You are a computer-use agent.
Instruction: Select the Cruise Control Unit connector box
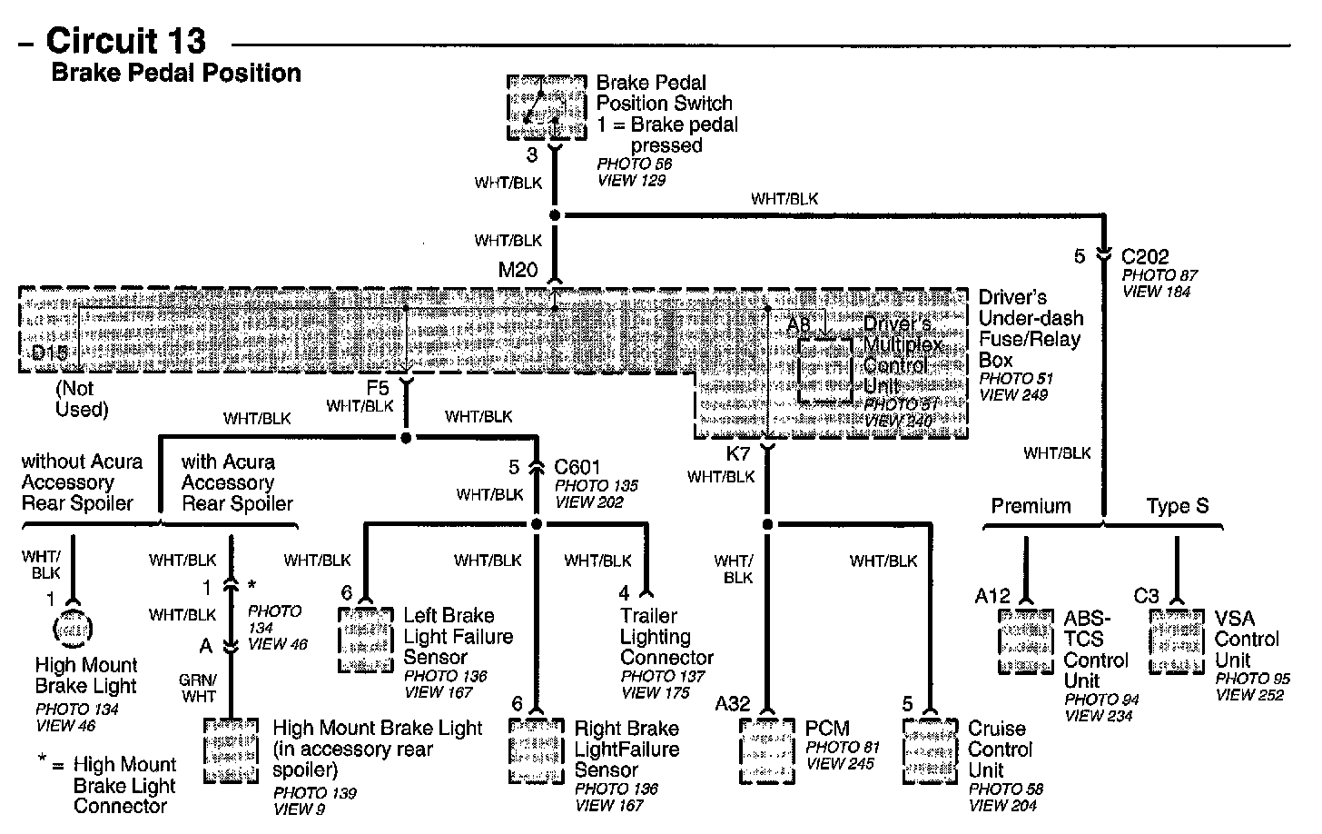(931, 751)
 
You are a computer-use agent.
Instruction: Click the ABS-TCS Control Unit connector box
(1026, 640)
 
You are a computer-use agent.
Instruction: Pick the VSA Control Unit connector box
(1177, 640)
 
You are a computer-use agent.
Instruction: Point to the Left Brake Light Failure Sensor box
(365, 639)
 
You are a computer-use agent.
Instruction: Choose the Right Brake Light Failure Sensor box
(536, 751)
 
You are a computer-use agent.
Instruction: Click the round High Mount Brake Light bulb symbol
(73, 628)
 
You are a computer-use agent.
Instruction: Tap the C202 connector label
(1145, 257)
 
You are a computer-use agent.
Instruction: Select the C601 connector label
(577, 468)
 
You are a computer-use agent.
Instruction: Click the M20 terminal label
(518, 270)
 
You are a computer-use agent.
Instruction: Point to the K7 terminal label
(738, 452)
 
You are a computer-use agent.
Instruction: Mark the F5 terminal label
(378, 388)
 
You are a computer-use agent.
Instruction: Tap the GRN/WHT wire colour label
(199, 688)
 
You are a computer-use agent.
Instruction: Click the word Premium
(1031, 506)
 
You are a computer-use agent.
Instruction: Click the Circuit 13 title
(126, 41)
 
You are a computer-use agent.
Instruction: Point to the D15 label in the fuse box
(50, 352)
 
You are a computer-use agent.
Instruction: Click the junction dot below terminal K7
(767, 524)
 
